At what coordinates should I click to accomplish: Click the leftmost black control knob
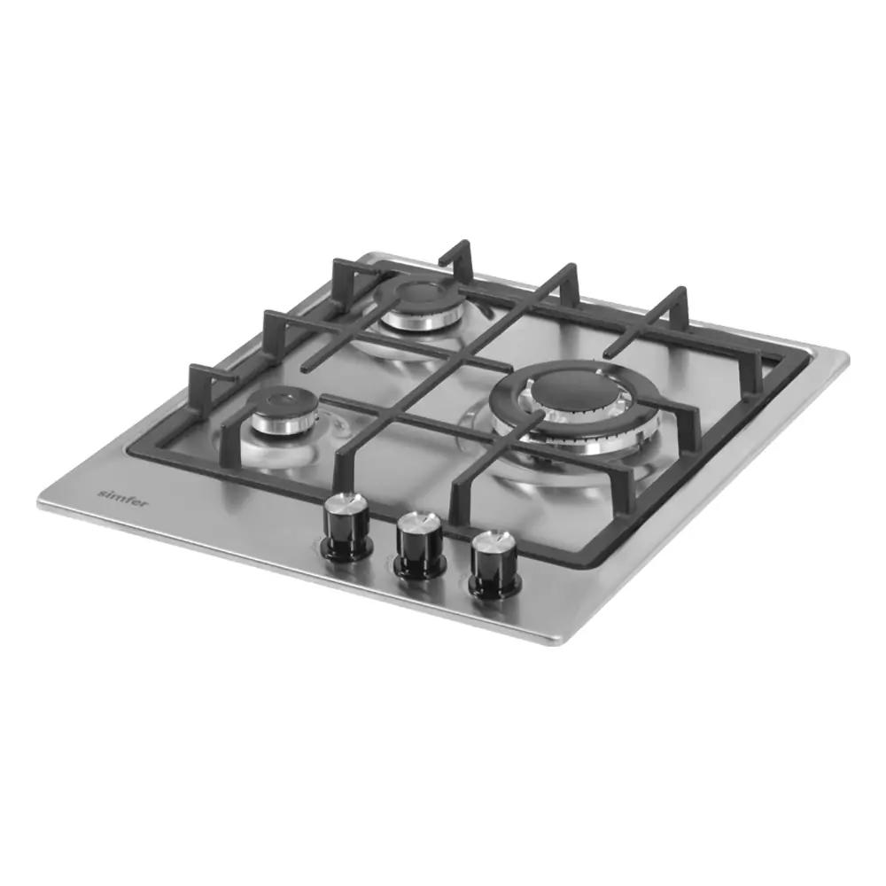click(x=346, y=526)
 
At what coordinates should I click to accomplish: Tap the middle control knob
click(x=421, y=547)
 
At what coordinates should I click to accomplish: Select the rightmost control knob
click(x=495, y=564)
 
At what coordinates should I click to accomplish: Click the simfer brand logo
click(x=123, y=498)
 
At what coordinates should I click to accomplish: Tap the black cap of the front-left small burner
click(x=282, y=401)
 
